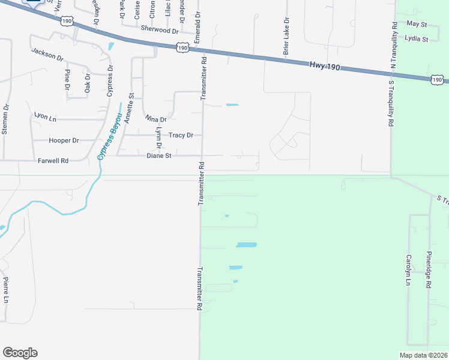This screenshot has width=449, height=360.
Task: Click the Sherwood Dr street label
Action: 160,29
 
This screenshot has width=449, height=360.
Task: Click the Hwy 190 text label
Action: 325,66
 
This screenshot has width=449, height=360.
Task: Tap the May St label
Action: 416,24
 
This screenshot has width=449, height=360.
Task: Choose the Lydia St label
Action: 417,39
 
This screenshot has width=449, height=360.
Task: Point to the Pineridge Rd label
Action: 429,270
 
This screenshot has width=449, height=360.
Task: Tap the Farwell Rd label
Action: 53,161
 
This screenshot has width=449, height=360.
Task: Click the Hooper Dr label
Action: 64,140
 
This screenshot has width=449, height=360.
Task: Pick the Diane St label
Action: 159,155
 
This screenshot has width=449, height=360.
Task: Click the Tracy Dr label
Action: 181,135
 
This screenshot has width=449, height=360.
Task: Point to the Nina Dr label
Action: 155,119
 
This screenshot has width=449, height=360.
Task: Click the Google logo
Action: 20,353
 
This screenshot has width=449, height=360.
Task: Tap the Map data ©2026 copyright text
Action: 423,355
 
